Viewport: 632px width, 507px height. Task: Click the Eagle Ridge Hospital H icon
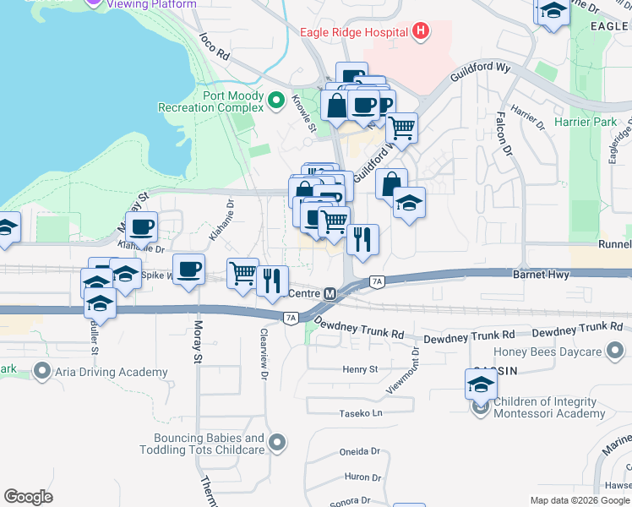(421, 33)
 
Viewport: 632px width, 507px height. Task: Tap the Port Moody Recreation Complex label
(211, 102)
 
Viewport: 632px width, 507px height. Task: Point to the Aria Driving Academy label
(112, 372)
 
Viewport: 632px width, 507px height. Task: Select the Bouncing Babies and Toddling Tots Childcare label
(210, 444)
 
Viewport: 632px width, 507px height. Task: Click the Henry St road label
(359, 369)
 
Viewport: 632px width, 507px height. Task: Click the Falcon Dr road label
(504, 134)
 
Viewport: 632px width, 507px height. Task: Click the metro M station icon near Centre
(330, 294)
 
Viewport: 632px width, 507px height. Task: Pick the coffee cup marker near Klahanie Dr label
(141, 226)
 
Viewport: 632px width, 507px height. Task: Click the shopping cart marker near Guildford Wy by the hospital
(402, 128)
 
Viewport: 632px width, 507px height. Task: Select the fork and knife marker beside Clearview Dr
(271, 280)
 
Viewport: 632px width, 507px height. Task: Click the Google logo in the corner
(28, 497)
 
